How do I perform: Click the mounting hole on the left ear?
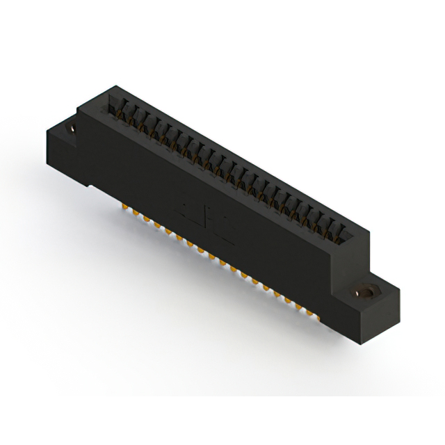point(72,129)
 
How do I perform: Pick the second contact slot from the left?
point(127,113)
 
